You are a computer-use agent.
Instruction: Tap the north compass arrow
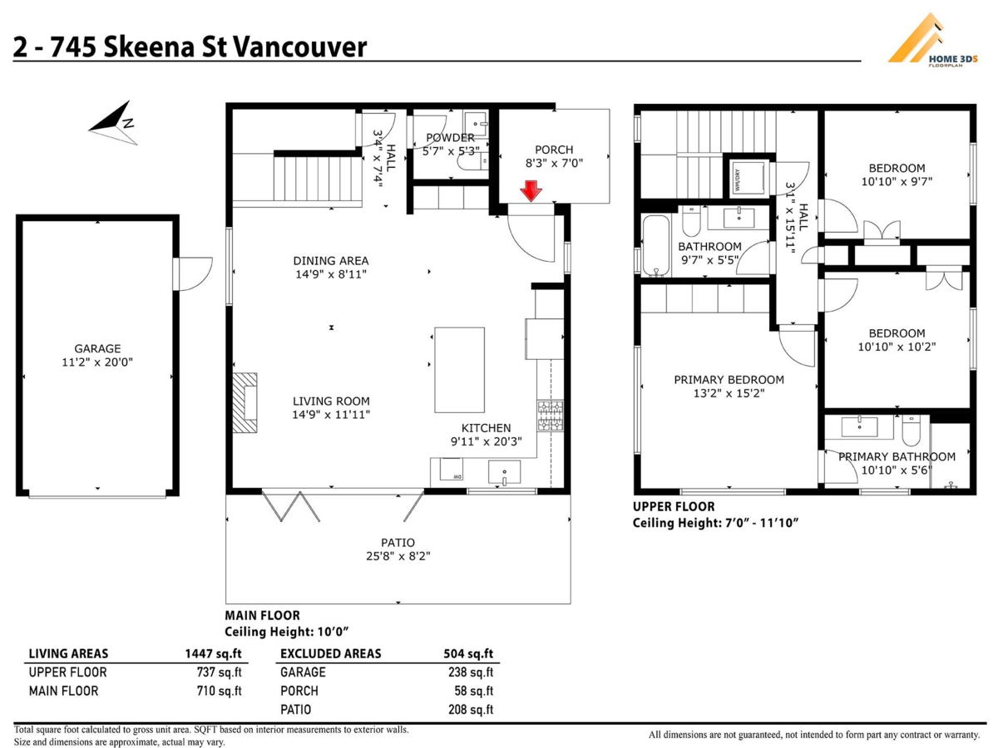pos(113,121)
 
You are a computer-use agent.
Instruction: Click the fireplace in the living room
pos(246,402)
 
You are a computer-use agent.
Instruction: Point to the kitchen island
pos(459,370)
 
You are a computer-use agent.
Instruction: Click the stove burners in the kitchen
pos(550,416)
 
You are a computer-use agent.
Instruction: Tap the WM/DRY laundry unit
pos(738,176)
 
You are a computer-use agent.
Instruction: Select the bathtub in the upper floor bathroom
pos(655,245)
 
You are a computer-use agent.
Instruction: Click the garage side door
pos(188,274)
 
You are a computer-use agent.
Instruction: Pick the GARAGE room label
pos(97,349)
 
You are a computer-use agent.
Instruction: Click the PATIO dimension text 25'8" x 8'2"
pos(398,556)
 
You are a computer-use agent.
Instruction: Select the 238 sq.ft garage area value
pos(470,672)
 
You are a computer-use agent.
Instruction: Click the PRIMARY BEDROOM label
pos(729,380)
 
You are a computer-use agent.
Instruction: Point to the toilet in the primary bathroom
pos(910,431)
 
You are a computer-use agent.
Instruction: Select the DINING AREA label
pos(331,260)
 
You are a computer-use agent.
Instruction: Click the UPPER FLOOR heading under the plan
pos(673,506)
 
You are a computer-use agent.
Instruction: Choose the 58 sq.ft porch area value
pos(474,691)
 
